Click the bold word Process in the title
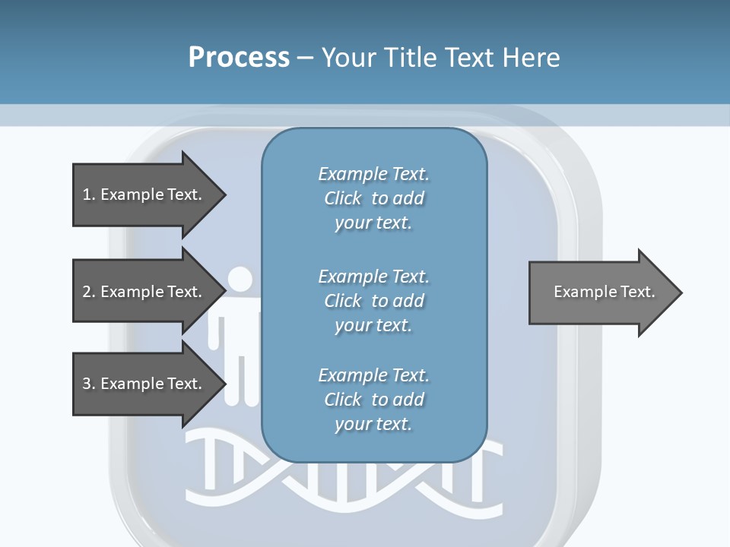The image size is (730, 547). pos(239,57)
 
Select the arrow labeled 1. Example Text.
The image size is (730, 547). pos(142,194)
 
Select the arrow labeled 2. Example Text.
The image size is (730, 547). pos(142,292)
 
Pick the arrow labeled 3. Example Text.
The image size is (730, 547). pos(142,384)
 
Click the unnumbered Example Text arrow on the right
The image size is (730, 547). pos(604,292)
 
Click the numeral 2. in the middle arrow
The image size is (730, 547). pos(88,292)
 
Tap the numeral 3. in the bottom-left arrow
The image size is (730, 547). pos(88,384)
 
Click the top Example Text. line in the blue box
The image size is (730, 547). pos(373,174)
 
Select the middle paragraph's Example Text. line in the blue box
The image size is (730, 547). pos(373,277)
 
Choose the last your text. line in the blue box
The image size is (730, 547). pos(373,424)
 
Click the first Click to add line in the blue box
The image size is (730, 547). pos(373,198)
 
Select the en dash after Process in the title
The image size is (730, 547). pos(306,58)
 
